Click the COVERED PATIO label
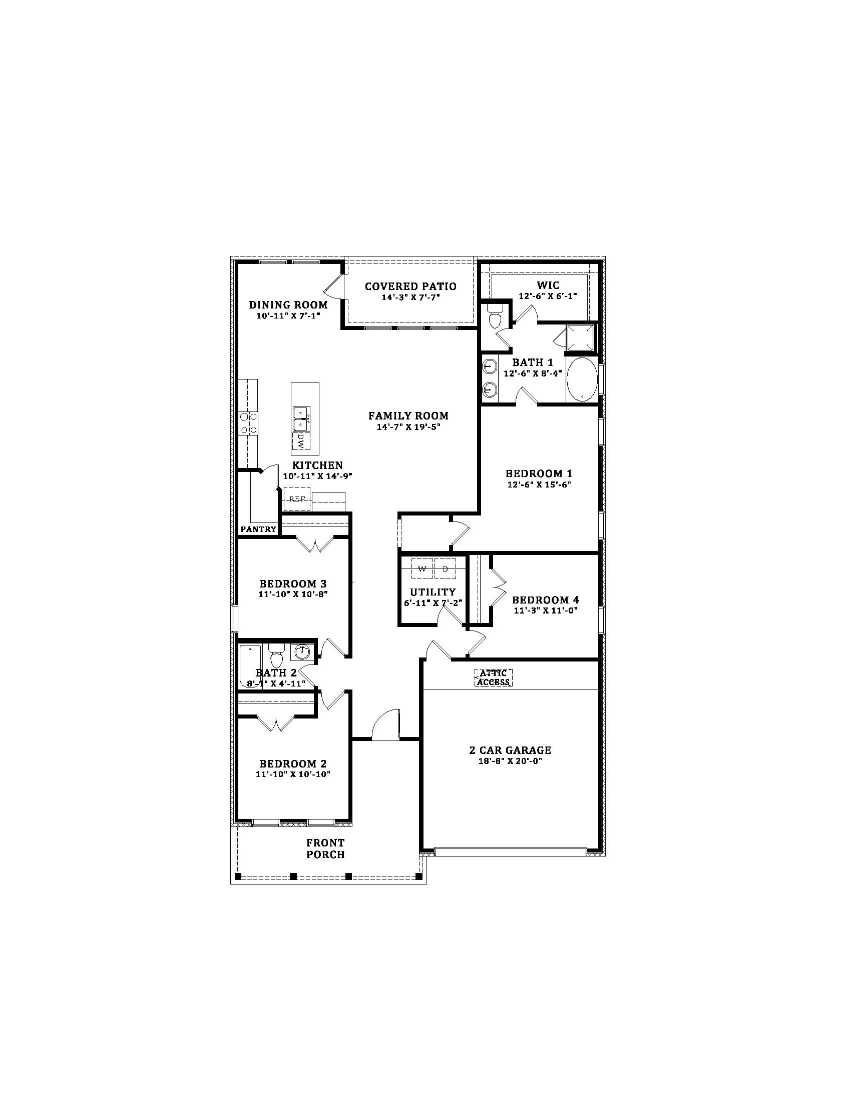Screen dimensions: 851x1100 410,286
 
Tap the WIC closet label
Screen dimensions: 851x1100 548,285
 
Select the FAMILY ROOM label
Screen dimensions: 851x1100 408,416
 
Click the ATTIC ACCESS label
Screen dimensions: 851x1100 494,677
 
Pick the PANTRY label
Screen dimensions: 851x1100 258,529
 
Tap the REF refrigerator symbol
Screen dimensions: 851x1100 297,498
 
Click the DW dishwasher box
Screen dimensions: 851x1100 301,441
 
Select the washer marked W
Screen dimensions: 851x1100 422,568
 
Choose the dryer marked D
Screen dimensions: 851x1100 445,568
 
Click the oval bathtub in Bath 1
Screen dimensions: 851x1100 582,379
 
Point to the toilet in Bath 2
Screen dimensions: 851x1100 276,655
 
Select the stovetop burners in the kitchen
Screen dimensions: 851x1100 248,423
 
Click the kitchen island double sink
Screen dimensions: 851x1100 301,419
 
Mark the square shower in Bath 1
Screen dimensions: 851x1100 580,338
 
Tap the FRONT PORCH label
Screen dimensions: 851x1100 326,848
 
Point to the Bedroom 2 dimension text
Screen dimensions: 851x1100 293,774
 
